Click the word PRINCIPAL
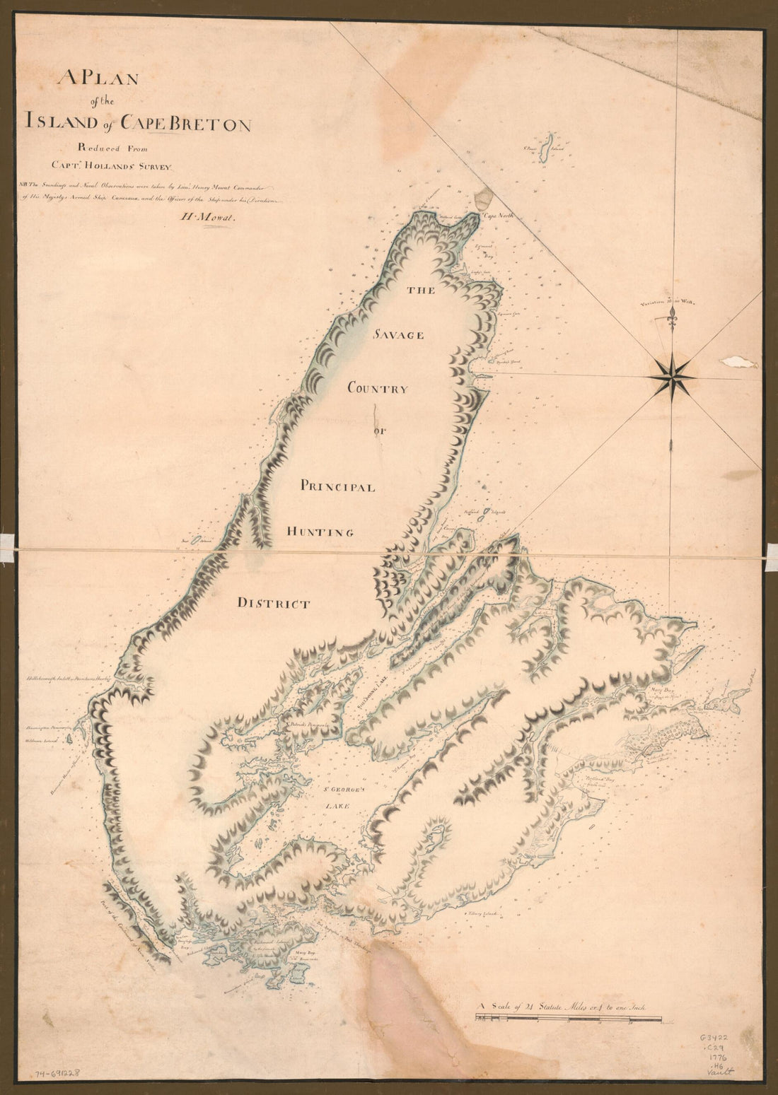click(x=337, y=486)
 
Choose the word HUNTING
click(x=319, y=532)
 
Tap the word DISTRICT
click(x=273, y=604)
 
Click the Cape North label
click(x=497, y=218)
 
